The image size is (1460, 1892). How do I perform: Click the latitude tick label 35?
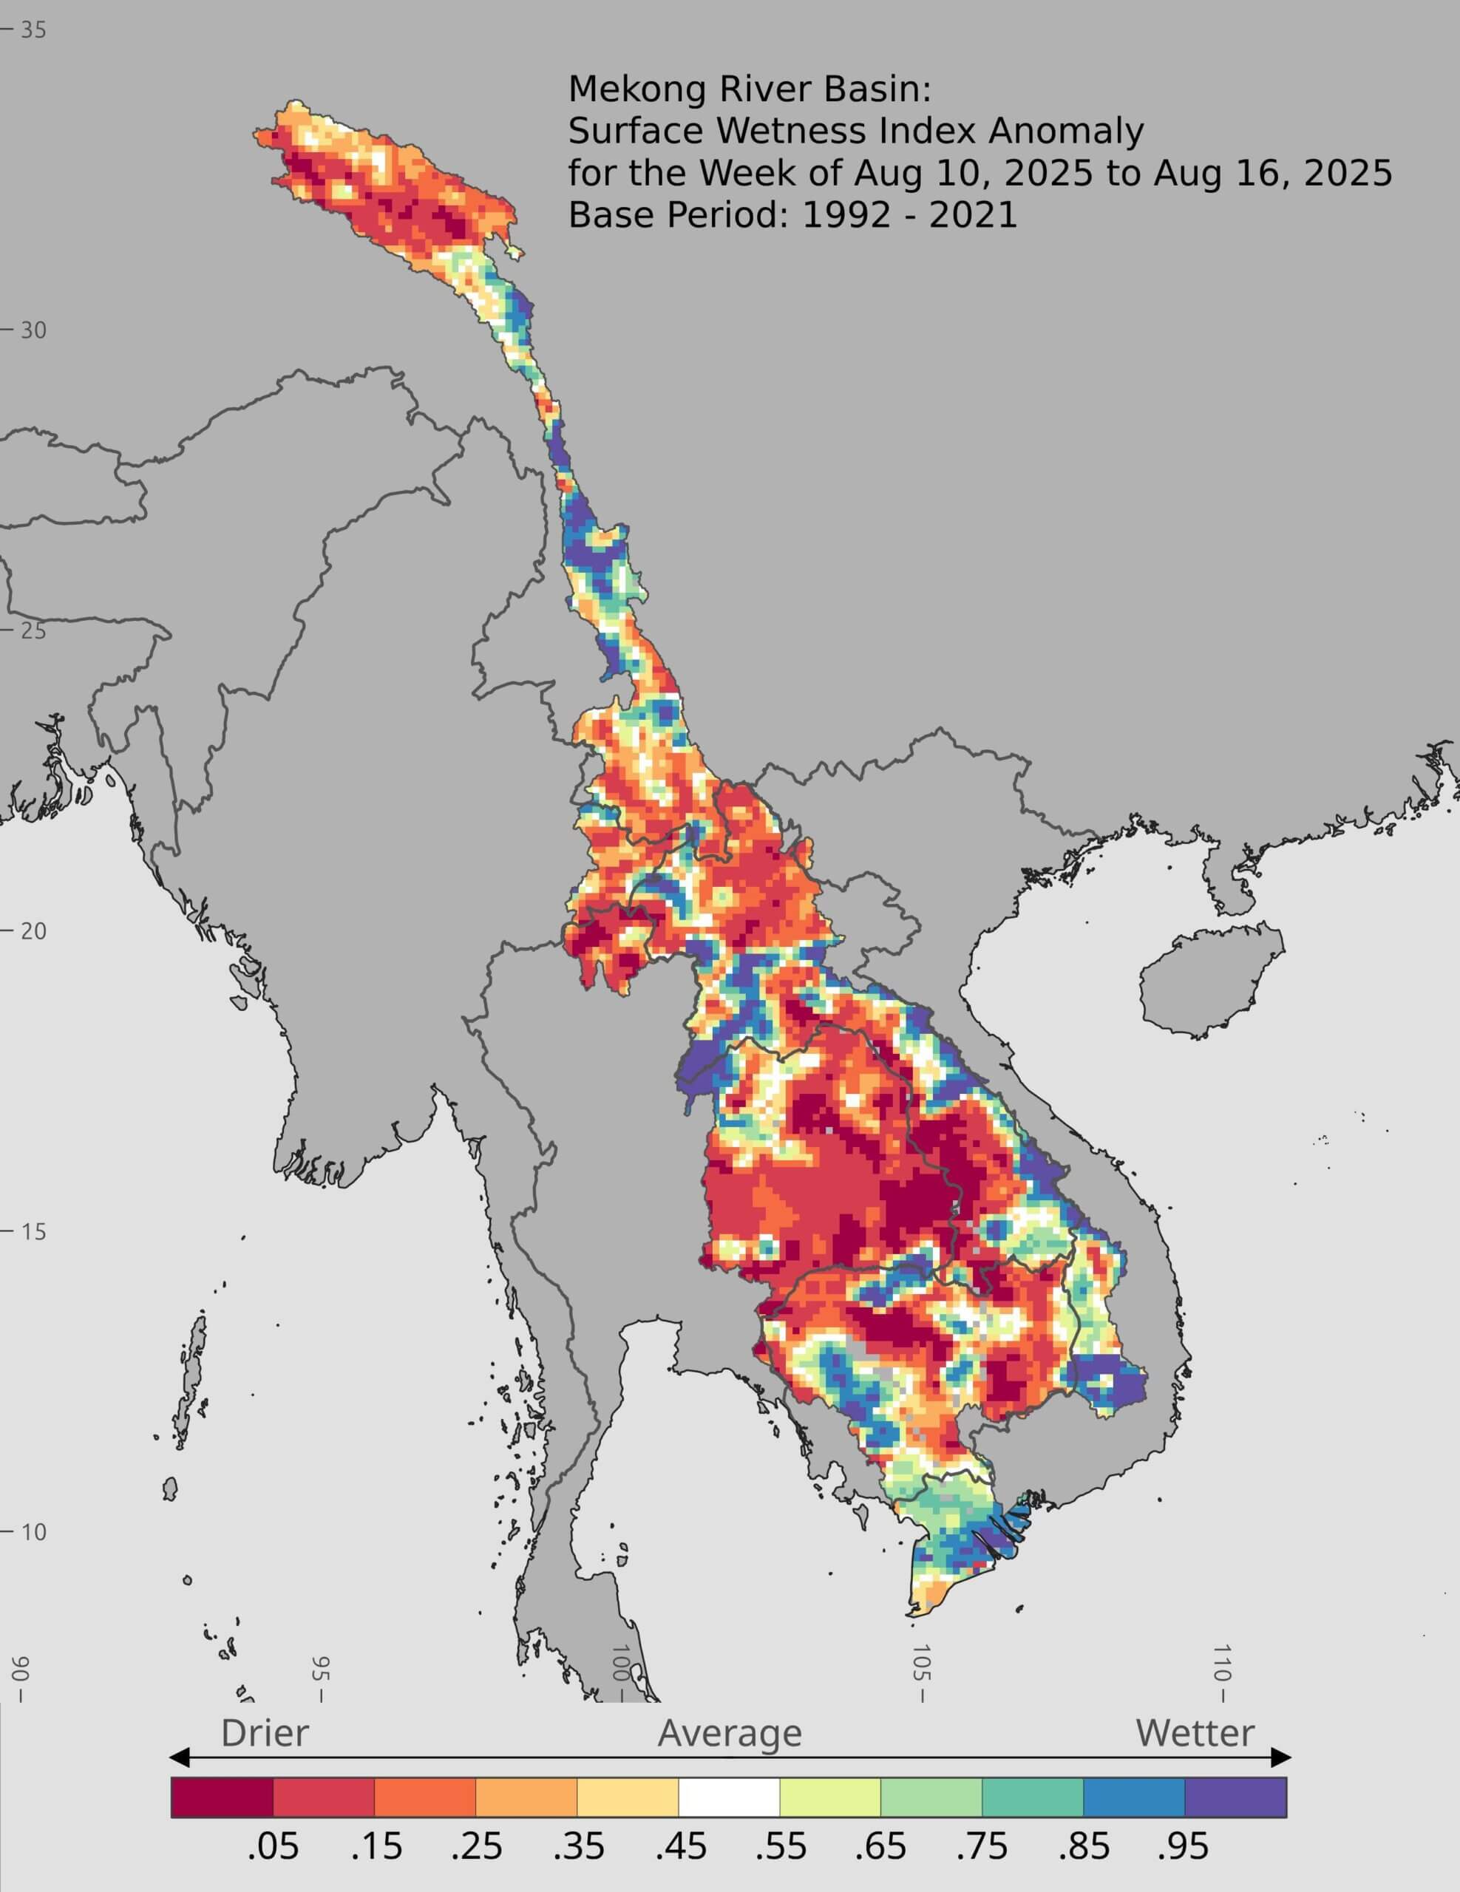click(x=33, y=30)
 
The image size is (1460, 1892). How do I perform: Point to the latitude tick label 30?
click(x=33, y=330)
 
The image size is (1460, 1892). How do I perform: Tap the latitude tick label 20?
click(x=33, y=931)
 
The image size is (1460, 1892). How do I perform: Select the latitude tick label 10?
click(x=33, y=1531)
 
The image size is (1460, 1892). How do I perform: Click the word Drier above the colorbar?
click(x=264, y=1733)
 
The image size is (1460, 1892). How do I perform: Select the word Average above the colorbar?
click(x=730, y=1733)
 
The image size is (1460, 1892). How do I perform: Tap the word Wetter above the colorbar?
click(x=1194, y=1733)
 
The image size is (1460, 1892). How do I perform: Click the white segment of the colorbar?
click(x=729, y=1797)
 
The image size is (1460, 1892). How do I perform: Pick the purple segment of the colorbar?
click(x=1235, y=1797)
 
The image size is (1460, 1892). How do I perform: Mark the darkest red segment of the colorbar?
click(x=222, y=1797)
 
